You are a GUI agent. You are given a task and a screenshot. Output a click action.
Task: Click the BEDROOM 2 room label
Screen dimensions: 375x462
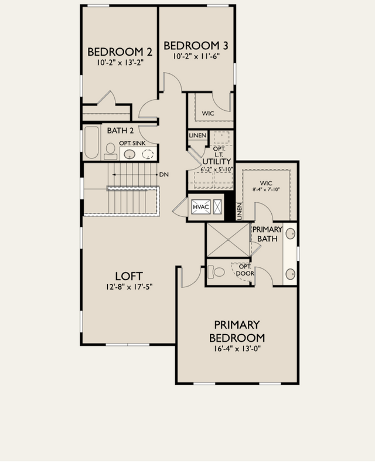point(120,52)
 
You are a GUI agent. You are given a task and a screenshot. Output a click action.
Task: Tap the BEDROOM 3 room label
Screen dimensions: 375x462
point(196,46)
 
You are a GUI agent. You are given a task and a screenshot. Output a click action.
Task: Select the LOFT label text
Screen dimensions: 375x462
point(129,276)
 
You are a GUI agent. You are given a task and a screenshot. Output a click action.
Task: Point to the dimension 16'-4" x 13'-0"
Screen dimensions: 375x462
point(237,349)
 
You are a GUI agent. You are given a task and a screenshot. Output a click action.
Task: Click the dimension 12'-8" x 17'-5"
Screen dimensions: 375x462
point(129,287)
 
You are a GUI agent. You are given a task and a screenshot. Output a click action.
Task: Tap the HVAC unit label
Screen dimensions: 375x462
point(201,207)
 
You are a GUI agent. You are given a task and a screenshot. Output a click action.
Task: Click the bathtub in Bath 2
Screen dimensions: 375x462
point(91,142)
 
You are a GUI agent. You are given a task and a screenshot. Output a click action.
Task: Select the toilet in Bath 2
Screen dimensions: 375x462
point(111,151)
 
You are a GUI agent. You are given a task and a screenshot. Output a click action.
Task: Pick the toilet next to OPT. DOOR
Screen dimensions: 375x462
point(216,271)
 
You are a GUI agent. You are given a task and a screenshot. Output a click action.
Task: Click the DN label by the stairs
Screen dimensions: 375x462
point(164,175)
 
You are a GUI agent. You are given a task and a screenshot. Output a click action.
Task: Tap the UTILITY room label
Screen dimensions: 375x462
point(217,161)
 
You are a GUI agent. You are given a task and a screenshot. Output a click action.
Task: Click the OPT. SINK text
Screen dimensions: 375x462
point(132,143)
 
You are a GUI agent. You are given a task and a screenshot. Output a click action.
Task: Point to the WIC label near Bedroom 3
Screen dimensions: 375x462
point(208,113)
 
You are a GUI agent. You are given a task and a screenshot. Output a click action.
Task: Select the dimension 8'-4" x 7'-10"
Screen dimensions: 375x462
point(266,189)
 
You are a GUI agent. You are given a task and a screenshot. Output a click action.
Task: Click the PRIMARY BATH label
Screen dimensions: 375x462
point(267,234)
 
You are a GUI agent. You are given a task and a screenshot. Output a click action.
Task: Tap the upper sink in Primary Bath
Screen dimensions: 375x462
point(291,234)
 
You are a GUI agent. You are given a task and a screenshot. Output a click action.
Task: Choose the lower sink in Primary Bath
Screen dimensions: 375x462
point(291,274)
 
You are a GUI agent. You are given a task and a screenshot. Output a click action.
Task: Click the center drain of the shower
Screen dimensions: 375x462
point(229,240)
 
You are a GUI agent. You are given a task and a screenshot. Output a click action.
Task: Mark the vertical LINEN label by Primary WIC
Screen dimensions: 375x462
point(239,211)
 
